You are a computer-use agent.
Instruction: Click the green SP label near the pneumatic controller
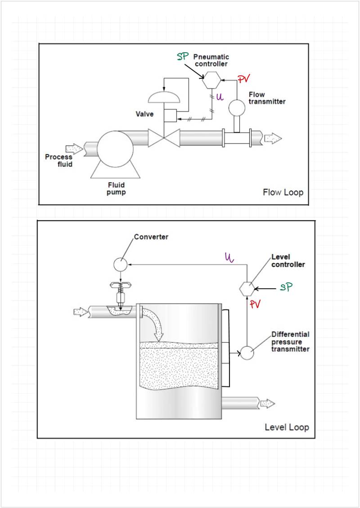183,57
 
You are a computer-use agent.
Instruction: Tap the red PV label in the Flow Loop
244,79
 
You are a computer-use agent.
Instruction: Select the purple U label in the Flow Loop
220,97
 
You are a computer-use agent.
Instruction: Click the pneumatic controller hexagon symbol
211,80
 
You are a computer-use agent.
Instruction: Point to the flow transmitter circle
237,108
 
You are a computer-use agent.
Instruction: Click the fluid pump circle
115,149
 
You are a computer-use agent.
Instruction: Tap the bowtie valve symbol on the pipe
164,138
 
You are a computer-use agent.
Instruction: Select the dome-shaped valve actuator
164,97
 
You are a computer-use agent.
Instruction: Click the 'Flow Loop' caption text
283,192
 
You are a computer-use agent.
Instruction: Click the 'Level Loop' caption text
287,427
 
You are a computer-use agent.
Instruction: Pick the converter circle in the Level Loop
120,265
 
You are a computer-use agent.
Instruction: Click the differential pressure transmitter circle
247,353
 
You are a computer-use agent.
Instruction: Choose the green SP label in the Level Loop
286,287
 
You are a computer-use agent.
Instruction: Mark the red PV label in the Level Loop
255,304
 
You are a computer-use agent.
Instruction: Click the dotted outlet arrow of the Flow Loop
273,138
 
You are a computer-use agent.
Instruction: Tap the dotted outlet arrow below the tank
268,404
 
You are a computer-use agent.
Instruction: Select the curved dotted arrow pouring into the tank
155,321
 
